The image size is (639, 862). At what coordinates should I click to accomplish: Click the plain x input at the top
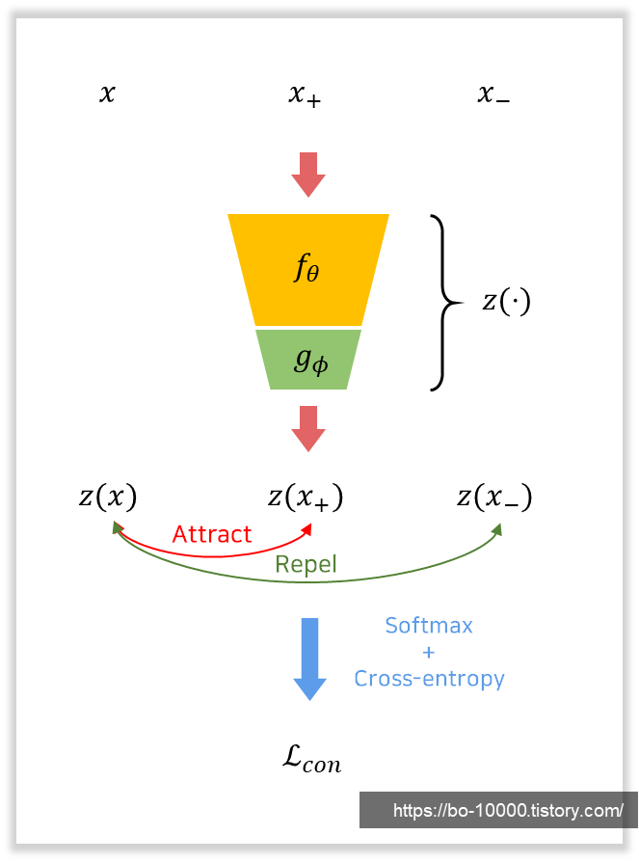[x=107, y=94]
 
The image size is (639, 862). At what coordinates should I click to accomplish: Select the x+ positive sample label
[x=305, y=94]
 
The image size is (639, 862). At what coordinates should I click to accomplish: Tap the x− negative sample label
[x=493, y=94]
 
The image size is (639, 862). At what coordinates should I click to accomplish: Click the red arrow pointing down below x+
[x=308, y=174]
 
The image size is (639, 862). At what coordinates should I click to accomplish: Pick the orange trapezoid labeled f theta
[x=308, y=269]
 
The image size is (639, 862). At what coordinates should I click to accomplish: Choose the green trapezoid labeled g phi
[x=308, y=360]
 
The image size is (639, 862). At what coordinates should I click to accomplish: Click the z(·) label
[x=506, y=302]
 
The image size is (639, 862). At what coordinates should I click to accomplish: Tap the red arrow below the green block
[x=308, y=428]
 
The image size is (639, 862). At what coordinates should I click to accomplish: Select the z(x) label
[x=108, y=497]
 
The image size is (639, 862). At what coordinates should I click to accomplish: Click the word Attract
[x=212, y=534]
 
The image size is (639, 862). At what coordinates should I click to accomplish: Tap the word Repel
[x=306, y=564]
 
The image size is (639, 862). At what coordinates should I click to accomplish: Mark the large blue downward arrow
[x=309, y=658]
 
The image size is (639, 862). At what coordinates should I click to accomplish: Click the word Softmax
[x=429, y=625]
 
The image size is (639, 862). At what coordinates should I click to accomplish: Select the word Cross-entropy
[x=429, y=678]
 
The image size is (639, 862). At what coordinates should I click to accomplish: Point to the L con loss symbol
[x=311, y=759]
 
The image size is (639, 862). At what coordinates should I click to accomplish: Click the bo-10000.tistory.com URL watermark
[x=507, y=811]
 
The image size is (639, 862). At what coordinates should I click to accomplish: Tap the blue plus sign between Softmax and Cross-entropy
[x=429, y=652]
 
